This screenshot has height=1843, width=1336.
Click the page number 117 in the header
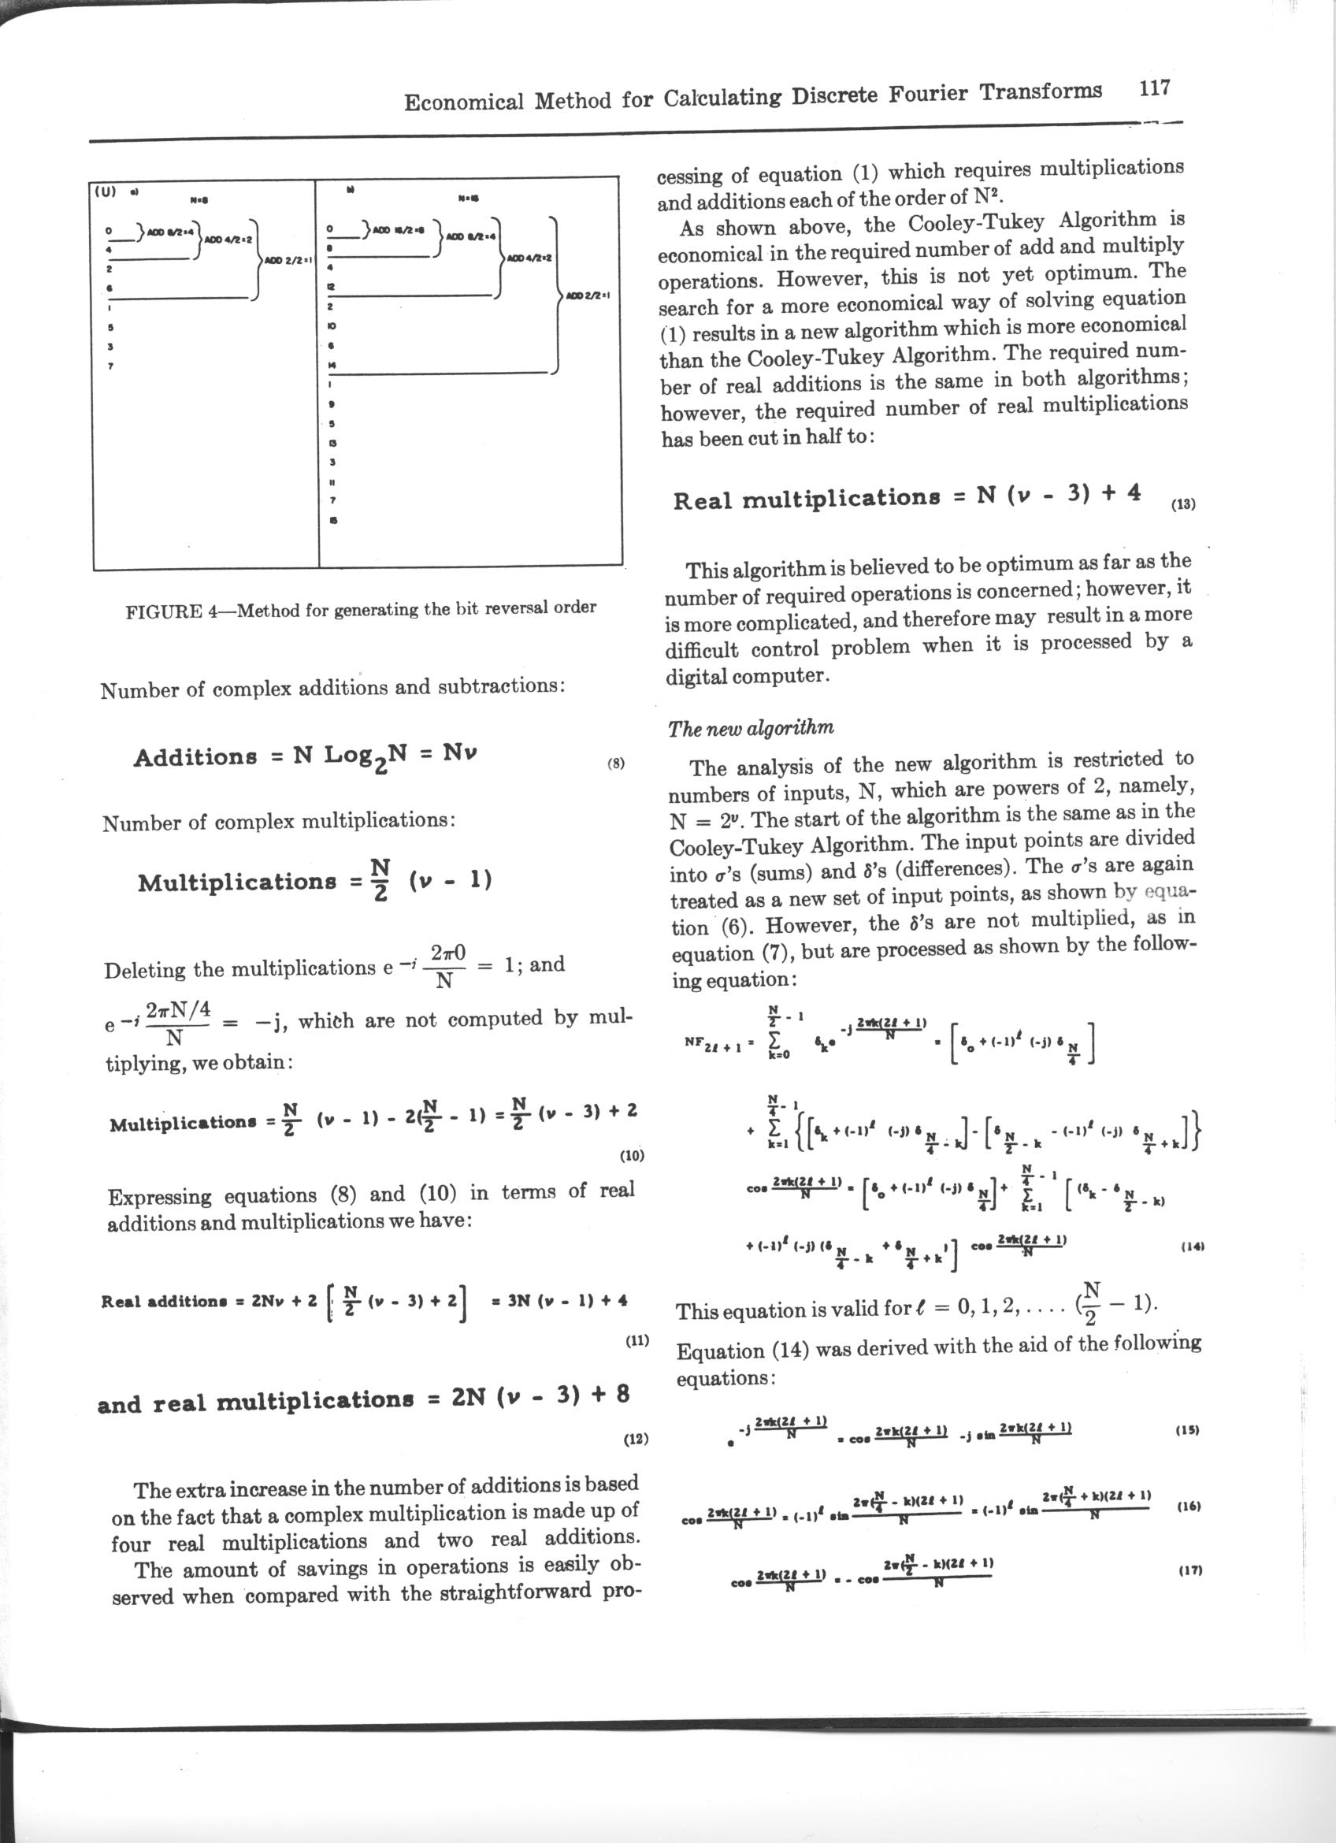point(1153,87)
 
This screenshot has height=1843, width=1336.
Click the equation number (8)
point(617,763)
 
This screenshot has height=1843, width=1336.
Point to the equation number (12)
point(635,1439)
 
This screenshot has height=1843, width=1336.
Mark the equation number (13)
point(1183,503)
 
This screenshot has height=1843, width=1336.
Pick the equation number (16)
point(1188,1506)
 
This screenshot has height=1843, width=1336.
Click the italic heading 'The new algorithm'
point(751,727)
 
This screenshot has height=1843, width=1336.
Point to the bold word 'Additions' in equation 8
point(195,757)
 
